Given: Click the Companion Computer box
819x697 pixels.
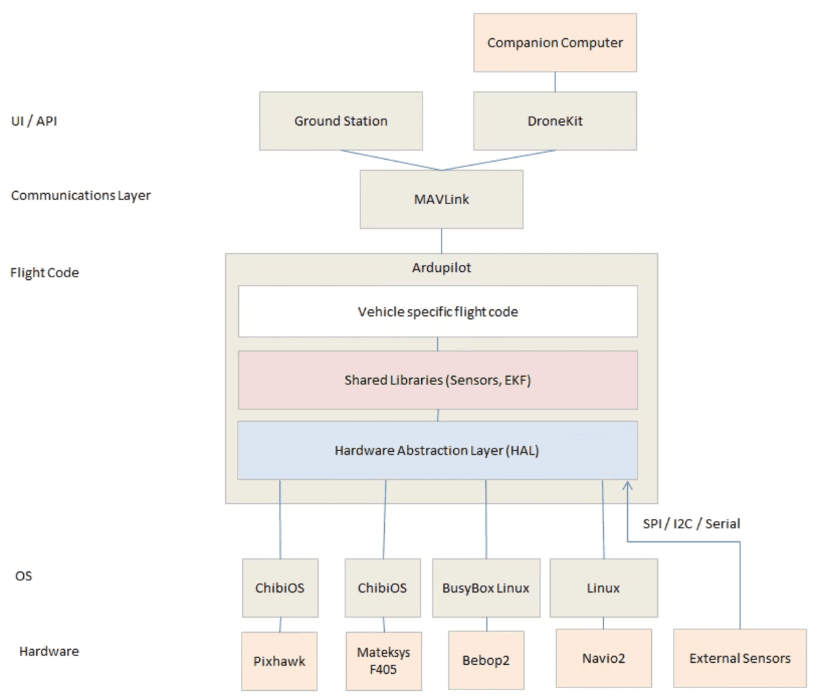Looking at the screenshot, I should (555, 42).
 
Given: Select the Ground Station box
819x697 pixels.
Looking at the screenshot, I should (341, 121).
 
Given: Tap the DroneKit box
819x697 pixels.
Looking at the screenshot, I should (555, 121).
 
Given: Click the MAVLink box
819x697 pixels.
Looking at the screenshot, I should (442, 199).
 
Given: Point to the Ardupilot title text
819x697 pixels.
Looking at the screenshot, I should (442, 268).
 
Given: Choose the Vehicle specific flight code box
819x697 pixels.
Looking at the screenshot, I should (437, 312).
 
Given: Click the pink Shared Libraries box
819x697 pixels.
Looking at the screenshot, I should (437, 380).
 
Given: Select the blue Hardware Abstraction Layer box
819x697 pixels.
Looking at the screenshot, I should (437, 451).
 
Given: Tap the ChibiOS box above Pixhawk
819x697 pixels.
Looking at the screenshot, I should (280, 588).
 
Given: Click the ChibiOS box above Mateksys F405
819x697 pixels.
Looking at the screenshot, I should (382, 588).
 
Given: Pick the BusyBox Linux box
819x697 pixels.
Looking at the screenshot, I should (486, 588).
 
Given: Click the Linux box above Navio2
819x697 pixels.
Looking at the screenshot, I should (603, 588).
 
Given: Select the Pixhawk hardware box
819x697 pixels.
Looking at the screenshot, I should (279, 661).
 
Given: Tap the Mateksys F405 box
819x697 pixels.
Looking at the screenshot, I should (384, 661).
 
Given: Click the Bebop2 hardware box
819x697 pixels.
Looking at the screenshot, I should (486, 660).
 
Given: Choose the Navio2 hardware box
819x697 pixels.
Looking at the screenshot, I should (603, 658).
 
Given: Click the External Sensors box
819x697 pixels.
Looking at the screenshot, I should (740, 658).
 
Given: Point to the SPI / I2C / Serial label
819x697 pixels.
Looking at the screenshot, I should (691, 524).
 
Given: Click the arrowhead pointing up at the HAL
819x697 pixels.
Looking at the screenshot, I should (628, 486).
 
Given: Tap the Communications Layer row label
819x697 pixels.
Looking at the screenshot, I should (81, 195).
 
